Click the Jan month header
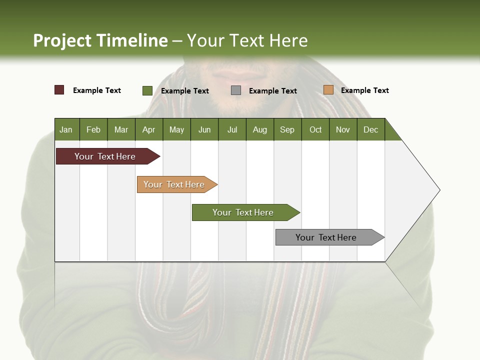(x=66, y=129)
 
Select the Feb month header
(x=93, y=129)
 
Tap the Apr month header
(x=148, y=129)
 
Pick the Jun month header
(x=204, y=129)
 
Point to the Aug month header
(x=259, y=129)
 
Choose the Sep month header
(x=287, y=129)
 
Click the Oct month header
(x=315, y=129)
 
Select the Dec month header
(x=370, y=129)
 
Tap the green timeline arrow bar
(x=243, y=212)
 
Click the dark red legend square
(x=59, y=90)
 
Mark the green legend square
(x=147, y=90)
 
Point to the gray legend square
(x=236, y=90)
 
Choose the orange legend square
(x=328, y=90)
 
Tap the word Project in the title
(x=62, y=40)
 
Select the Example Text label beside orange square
(x=364, y=90)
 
